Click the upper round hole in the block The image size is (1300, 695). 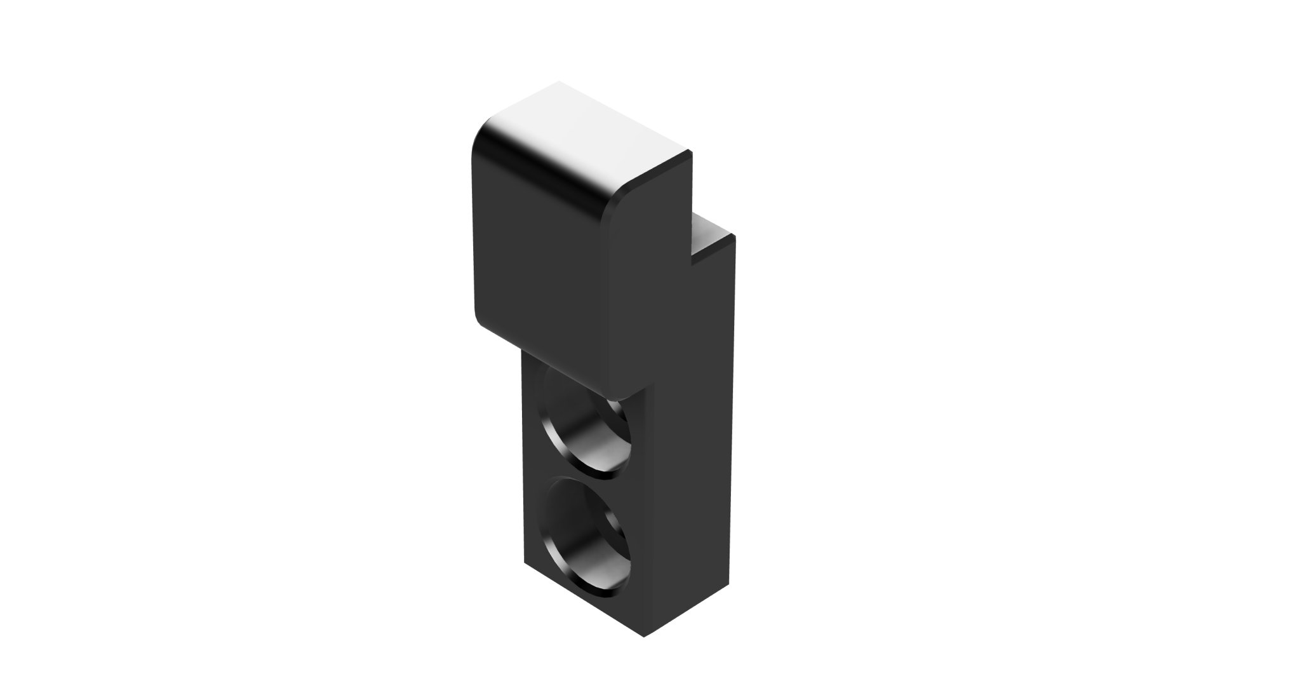(583, 432)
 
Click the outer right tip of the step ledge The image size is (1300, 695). (734, 236)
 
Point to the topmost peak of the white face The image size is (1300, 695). (559, 82)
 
